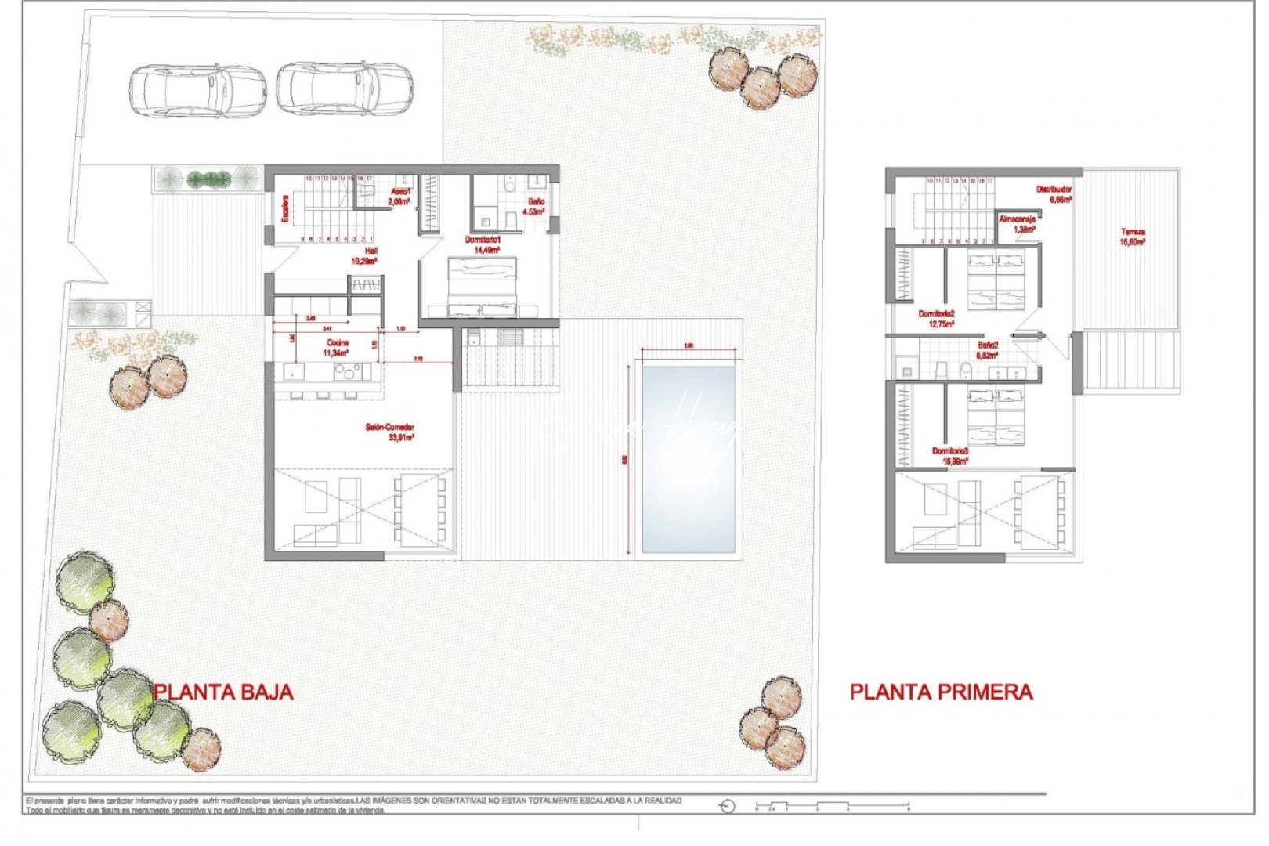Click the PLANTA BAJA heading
click(x=223, y=692)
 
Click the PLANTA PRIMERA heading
click(x=941, y=692)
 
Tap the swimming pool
click(x=689, y=459)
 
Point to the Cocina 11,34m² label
click(x=337, y=348)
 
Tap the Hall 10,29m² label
click(x=365, y=255)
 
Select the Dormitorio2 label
click(x=936, y=318)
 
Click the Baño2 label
click(x=987, y=349)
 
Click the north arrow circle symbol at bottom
click(x=727, y=806)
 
